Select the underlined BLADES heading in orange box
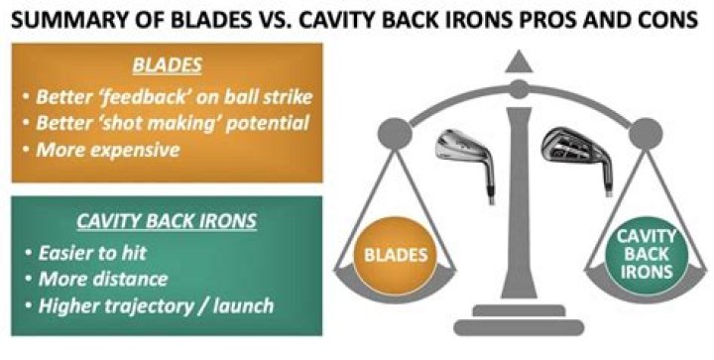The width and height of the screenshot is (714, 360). click(x=168, y=66)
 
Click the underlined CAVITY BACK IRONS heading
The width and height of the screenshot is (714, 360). click(x=167, y=221)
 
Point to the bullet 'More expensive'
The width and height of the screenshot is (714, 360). click(x=108, y=150)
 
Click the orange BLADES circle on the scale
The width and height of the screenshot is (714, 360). click(x=396, y=256)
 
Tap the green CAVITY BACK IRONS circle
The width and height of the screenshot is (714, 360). click(x=647, y=255)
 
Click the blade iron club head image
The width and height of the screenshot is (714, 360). click(x=467, y=165)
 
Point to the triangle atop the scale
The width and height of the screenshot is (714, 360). click(x=519, y=61)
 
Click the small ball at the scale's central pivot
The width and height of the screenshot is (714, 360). click(x=519, y=89)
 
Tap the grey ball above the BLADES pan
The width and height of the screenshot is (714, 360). click(x=395, y=133)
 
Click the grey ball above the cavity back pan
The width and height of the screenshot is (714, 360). click(x=646, y=133)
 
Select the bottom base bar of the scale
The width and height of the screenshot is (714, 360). click(x=519, y=327)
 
